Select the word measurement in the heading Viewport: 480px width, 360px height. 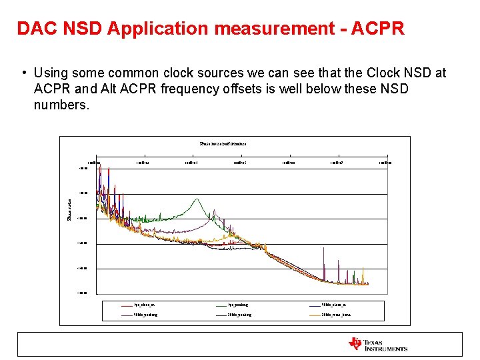[x=295, y=29]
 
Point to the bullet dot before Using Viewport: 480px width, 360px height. [x=23, y=73]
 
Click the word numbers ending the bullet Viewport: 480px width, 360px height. [x=61, y=105]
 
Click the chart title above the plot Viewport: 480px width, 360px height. [x=223, y=143]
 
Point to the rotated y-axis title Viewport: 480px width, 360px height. [x=69, y=207]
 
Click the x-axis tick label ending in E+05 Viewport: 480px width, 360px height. [x=240, y=162]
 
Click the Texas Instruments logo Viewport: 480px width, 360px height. [x=378, y=345]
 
